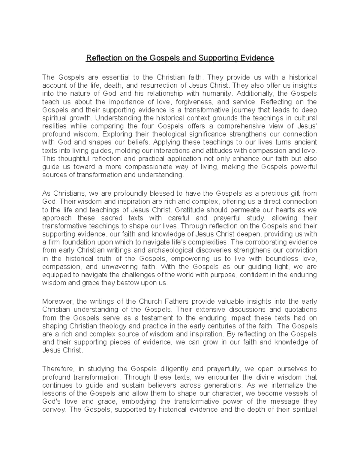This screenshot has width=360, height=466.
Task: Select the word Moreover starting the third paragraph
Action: coord(56,302)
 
